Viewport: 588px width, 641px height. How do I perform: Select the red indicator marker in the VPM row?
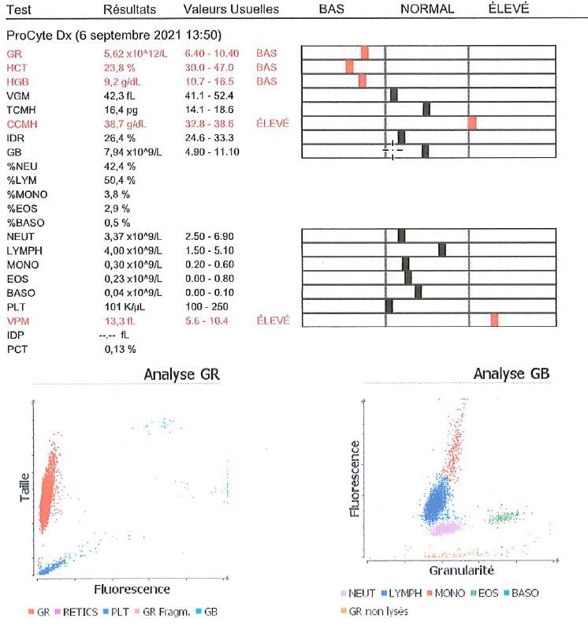pyautogui.click(x=494, y=319)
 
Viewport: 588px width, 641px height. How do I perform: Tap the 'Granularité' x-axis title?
pyautogui.click(x=461, y=570)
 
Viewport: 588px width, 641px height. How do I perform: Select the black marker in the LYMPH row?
pyautogui.click(x=442, y=250)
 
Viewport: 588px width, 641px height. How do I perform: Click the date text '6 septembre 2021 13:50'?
pyautogui.click(x=156, y=36)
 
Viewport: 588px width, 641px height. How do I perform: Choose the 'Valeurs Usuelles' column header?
pyautogui.click(x=230, y=9)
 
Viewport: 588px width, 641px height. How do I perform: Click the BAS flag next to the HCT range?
pyautogui.click(x=266, y=67)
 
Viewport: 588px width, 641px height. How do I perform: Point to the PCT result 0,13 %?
pyautogui.click(x=121, y=349)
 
